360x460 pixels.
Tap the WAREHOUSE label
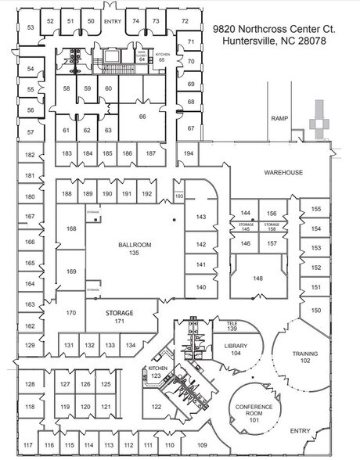coord(283,172)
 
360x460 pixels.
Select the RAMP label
coord(279,119)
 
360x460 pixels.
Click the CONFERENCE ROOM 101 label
coord(253,411)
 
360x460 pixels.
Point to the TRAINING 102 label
coord(305,357)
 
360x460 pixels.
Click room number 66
coord(142,116)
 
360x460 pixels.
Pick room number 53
coord(31,27)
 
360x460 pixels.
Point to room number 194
coord(189,153)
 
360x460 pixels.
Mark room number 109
coord(202,445)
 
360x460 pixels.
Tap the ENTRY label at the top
coord(113,20)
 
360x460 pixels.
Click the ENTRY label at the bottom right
coord(300,431)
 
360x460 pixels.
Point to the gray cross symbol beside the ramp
coord(321,119)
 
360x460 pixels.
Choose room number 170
coord(70,313)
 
